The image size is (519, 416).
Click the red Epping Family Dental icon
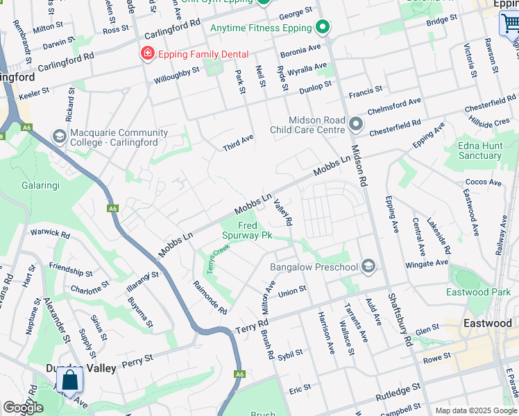point(147,54)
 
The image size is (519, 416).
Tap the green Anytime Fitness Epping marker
point(322,28)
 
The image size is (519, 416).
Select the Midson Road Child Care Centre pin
point(356,124)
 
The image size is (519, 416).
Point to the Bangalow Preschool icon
point(368,266)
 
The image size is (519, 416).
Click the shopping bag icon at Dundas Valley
point(69,381)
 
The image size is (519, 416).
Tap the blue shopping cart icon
point(510,24)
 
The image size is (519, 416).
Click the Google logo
point(23,408)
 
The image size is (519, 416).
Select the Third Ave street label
point(238,143)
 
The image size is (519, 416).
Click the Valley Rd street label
point(283,212)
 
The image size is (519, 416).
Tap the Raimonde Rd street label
point(210,297)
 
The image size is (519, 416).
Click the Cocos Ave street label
point(484,182)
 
